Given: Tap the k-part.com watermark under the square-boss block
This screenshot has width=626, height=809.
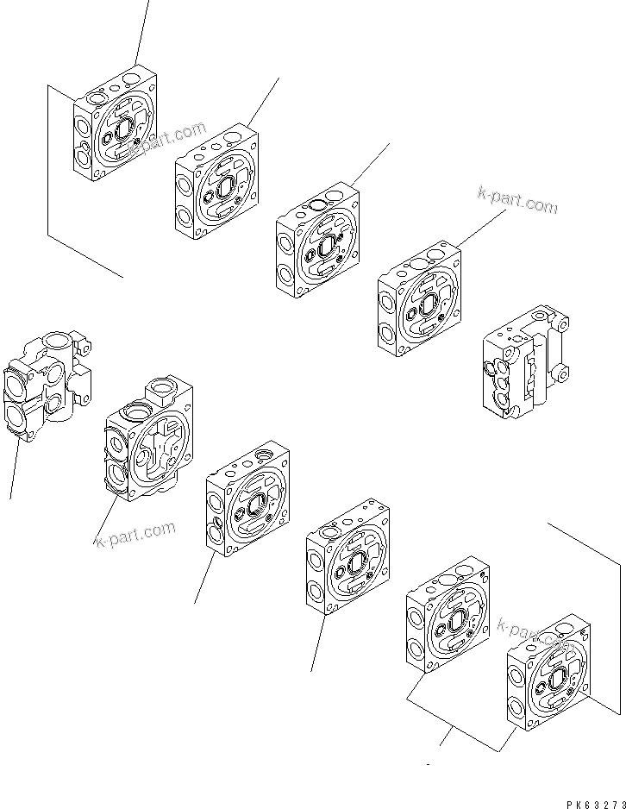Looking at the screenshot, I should (135, 534).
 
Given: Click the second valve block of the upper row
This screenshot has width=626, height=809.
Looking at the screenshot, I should (217, 184).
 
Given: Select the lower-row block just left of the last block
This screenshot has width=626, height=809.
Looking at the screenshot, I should (447, 615).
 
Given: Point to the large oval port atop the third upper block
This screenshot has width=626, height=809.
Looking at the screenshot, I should (317, 204).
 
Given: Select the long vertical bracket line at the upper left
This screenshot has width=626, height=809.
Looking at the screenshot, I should (48, 160).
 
